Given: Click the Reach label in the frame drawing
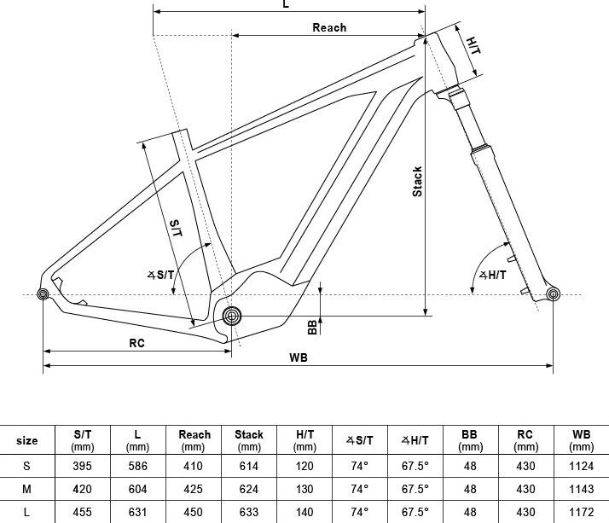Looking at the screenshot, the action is (x=329, y=27).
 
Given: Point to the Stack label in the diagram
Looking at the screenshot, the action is (x=417, y=182).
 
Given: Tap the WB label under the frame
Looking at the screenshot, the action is (x=299, y=357).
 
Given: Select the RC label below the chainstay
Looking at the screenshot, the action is (x=136, y=343).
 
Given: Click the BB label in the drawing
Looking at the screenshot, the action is (x=312, y=327).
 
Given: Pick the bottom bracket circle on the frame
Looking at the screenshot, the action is (x=231, y=316).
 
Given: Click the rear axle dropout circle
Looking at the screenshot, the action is (x=43, y=294).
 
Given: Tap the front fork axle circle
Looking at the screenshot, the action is (x=553, y=294).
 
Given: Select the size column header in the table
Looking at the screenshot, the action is (x=26, y=440).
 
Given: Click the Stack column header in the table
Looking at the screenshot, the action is (x=249, y=440).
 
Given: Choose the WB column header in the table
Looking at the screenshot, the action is (x=581, y=440).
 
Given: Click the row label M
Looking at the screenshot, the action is (x=26, y=489).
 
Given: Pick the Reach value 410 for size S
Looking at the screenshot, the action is (x=193, y=466).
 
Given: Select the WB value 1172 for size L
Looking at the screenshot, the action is (x=582, y=512).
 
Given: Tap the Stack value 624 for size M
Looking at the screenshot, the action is (x=249, y=489).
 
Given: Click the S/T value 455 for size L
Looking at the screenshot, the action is (x=83, y=512).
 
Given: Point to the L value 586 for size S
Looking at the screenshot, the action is (x=138, y=466).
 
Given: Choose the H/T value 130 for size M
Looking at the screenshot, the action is (x=304, y=489).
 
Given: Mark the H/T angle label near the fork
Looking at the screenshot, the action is (x=492, y=275).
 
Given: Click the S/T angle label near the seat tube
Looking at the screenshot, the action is (x=161, y=275).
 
